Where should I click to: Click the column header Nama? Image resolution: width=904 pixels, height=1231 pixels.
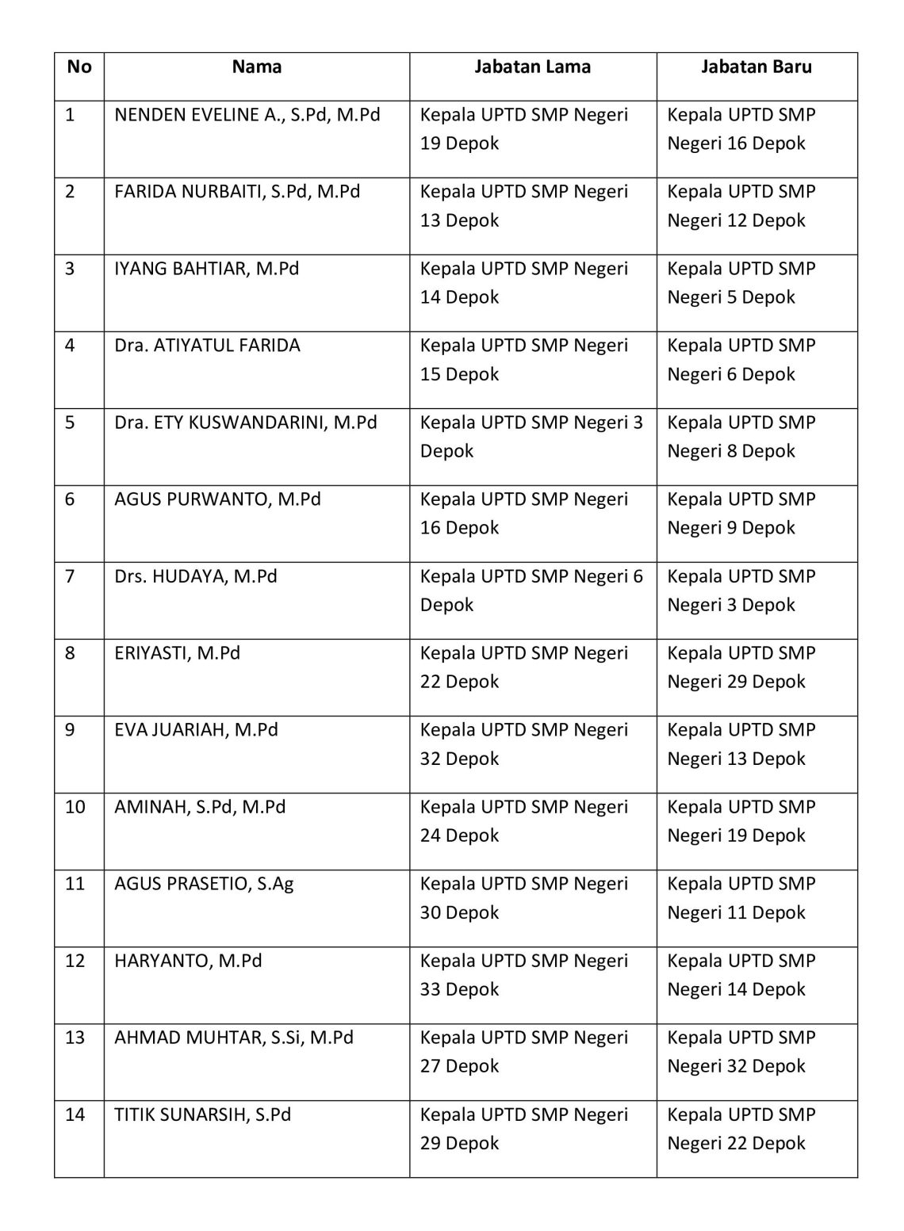pyautogui.click(x=256, y=67)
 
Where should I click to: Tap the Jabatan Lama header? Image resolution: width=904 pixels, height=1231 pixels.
pyautogui.click(x=532, y=67)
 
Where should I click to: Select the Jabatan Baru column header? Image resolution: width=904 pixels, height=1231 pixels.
pyautogui.click(x=756, y=67)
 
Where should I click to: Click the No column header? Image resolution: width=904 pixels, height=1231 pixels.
pyautogui.click(x=79, y=67)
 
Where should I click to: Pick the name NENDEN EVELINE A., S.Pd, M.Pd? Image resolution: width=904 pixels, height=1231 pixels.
pyautogui.click(x=247, y=115)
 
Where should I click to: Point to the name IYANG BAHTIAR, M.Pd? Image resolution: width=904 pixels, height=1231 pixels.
pyautogui.click(x=206, y=269)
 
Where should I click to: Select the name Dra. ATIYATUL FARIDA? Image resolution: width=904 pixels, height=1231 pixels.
pyautogui.click(x=207, y=346)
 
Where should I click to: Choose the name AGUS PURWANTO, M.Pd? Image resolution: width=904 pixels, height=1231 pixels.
pyautogui.click(x=217, y=499)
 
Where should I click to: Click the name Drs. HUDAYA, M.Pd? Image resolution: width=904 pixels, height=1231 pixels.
pyautogui.click(x=196, y=576)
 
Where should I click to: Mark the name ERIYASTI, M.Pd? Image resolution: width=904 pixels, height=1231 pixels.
pyautogui.click(x=177, y=653)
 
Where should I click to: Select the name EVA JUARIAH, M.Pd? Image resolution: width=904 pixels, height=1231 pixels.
pyautogui.click(x=196, y=730)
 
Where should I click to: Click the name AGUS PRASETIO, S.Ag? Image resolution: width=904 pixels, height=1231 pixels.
pyautogui.click(x=204, y=884)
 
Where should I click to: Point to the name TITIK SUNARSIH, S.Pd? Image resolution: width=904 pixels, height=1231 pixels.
pyautogui.click(x=202, y=1114)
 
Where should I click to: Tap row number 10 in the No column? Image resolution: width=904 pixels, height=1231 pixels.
pyautogui.click(x=75, y=807)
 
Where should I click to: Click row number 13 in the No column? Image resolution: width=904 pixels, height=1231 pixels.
pyautogui.click(x=75, y=1038)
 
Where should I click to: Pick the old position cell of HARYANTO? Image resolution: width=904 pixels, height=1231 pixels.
pyautogui.click(x=523, y=975)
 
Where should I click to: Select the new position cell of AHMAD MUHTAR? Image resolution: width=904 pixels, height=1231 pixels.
pyautogui.click(x=741, y=1052)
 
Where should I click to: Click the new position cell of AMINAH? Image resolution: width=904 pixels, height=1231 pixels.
pyautogui.click(x=741, y=821)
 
